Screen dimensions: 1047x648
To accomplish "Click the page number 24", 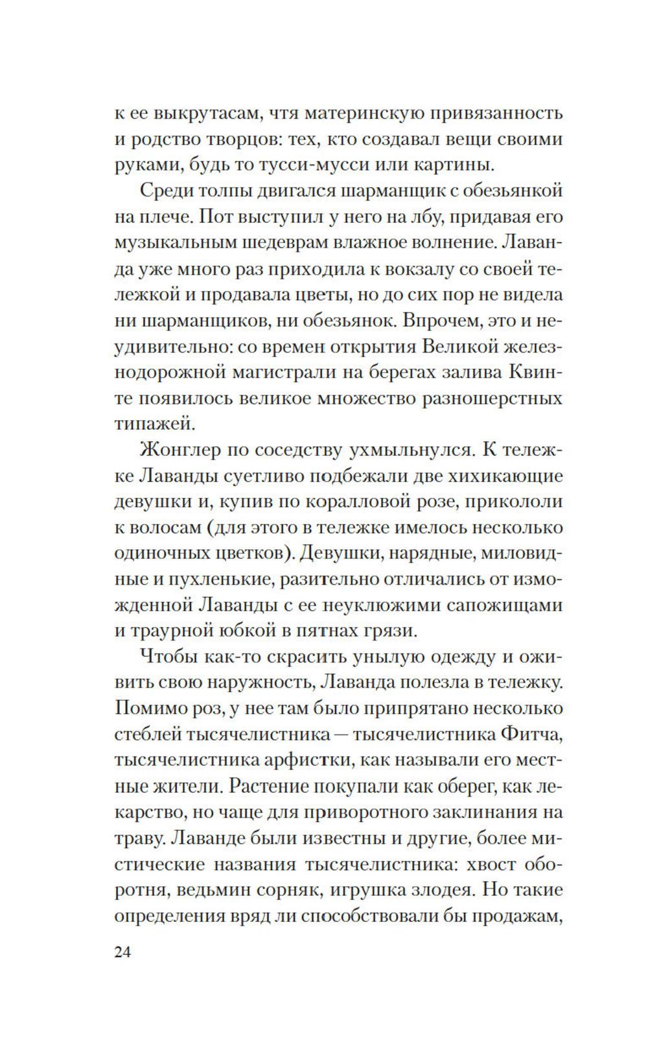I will click(122, 952).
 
